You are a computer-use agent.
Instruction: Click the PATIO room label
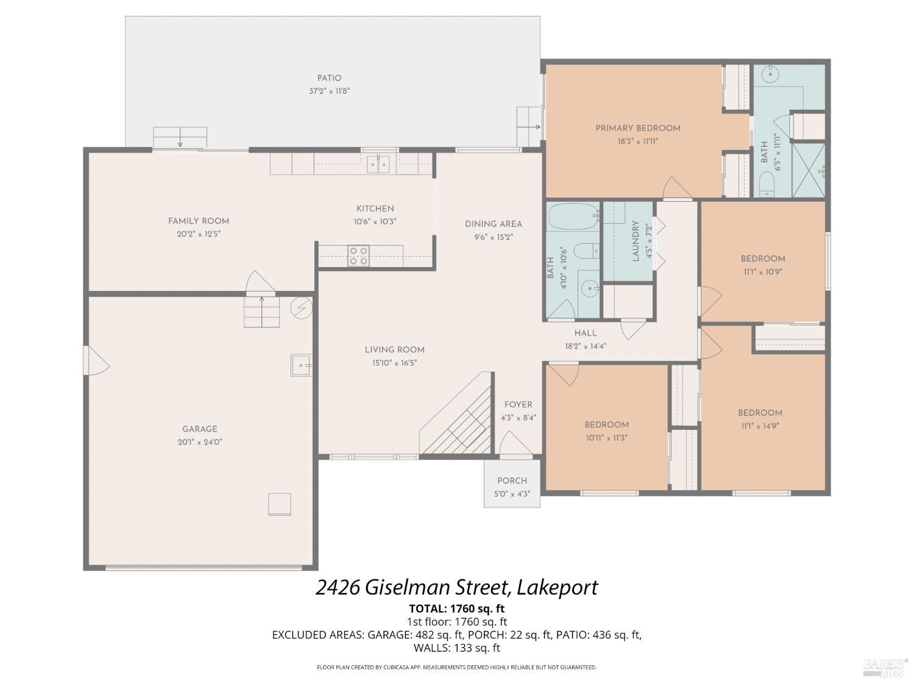click(329, 78)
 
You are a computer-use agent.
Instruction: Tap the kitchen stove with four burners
click(358, 256)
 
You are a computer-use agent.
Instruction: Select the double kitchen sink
click(378, 164)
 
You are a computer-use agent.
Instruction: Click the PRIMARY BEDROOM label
click(637, 128)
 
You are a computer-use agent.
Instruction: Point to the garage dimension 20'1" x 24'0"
click(199, 442)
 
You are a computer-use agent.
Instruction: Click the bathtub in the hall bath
click(573, 216)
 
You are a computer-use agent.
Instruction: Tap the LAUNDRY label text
click(635, 241)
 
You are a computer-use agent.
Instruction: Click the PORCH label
click(512, 481)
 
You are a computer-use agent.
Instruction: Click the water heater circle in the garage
click(300, 308)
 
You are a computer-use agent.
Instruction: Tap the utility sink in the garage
click(301, 365)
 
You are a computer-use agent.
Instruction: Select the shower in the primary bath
click(809, 170)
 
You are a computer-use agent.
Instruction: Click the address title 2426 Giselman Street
click(456, 587)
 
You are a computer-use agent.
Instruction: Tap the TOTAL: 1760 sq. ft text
click(456, 608)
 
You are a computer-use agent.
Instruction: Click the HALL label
click(585, 333)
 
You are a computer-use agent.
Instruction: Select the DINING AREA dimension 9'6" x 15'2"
click(493, 237)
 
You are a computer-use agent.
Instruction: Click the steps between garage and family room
click(262, 311)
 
